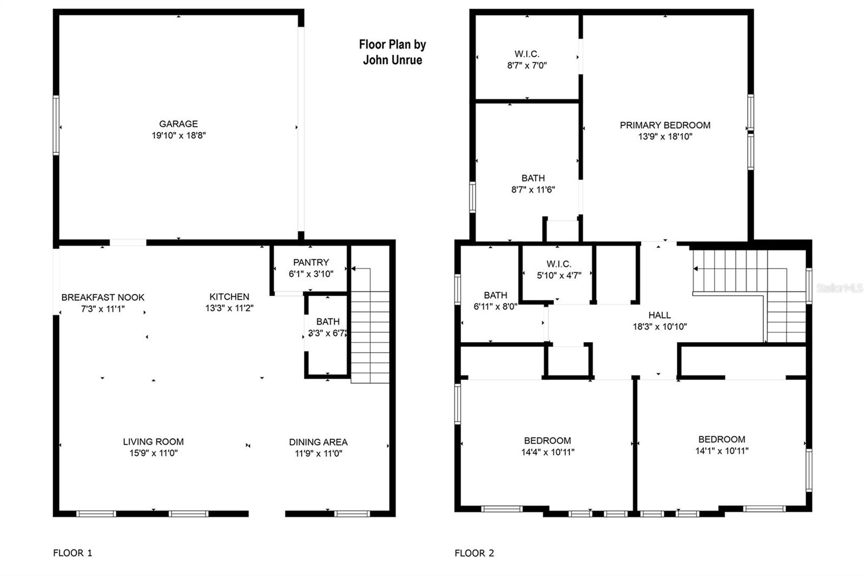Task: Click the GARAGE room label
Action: tap(178, 124)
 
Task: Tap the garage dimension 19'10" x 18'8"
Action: tap(178, 136)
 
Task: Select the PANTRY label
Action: tap(311, 263)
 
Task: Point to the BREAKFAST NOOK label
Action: tap(103, 298)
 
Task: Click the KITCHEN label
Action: tap(229, 297)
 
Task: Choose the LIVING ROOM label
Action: tap(154, 441)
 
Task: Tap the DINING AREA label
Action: tap(318, 442)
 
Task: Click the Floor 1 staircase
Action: tap(370, 325)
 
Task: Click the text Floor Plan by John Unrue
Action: tap(392, 52)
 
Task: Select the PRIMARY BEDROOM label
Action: tap(665, 125)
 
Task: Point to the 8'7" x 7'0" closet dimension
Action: tap(527, 65)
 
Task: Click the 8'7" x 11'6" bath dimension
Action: tap(533, 190)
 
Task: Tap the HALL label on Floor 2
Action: tap(660, 315)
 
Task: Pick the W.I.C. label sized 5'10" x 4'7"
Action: tap(559, 264)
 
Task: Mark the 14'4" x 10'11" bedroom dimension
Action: tap(548, 452)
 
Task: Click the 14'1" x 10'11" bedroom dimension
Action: tap(722, 451)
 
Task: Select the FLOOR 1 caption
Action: tap(72, 553)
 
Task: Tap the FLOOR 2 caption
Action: tap(474, 553)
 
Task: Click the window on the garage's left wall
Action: tap(56, 125)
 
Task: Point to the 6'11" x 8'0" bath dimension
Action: tap(495, 307)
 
